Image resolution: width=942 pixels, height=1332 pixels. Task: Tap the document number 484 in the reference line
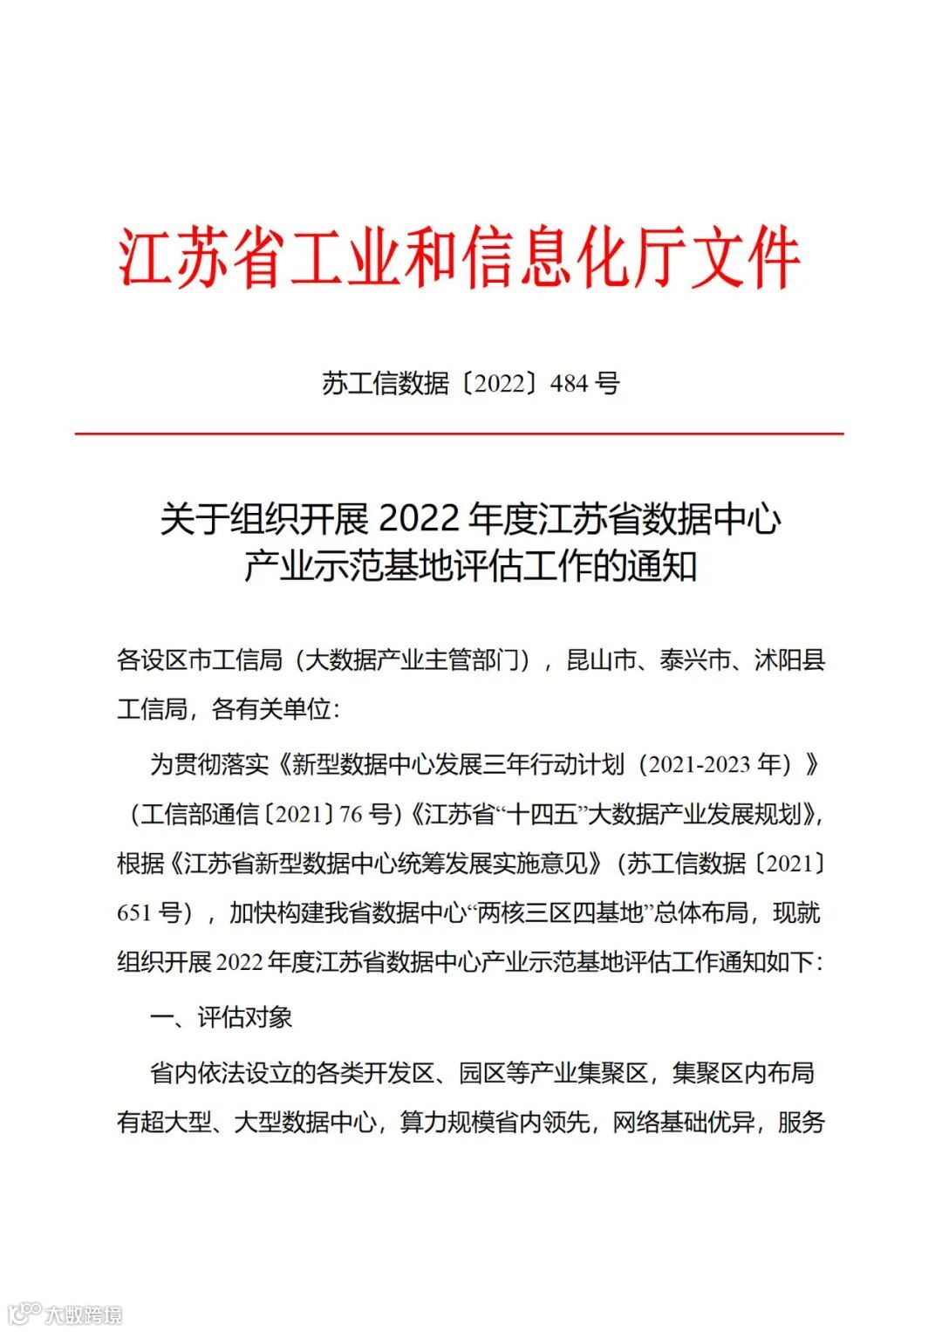569,383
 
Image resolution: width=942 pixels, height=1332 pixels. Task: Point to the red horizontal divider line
459,433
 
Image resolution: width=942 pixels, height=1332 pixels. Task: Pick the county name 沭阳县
789,660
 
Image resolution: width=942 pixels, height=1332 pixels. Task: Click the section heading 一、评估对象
221,1017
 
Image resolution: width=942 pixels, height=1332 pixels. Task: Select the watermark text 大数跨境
84,1315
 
